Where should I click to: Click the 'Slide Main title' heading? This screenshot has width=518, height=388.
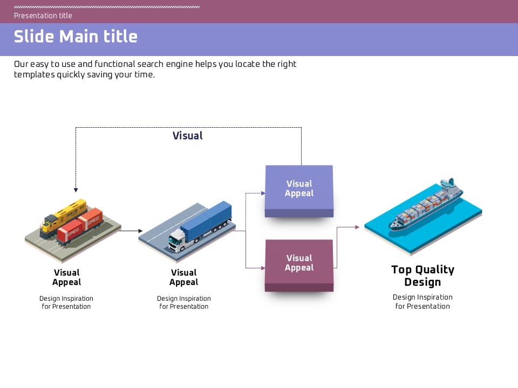coord(76,37)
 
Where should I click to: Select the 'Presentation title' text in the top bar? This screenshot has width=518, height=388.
coord(43,16)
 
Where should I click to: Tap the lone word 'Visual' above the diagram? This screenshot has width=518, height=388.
coord(188,136)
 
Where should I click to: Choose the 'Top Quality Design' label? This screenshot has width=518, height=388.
coord(422,276)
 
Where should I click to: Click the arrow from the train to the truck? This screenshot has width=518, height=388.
coord(130,231)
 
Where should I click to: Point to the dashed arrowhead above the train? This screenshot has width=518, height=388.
coord(76,190)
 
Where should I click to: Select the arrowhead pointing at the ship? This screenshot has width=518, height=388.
coord(357,227)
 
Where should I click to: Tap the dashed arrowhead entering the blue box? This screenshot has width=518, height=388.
coord(263,192)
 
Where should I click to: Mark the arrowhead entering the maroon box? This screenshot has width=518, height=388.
coord(263,267)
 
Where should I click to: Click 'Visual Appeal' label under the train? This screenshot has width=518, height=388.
coord(66,278)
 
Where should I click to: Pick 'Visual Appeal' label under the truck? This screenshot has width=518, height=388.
coord(183,278)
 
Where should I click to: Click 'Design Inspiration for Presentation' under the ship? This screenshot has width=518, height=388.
coord(422,302)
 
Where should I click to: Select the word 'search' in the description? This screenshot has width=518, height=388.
coord(151,64)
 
